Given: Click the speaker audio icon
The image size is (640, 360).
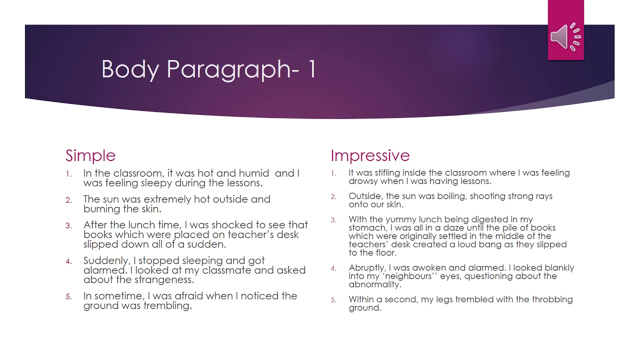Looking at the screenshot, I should pos(565,36).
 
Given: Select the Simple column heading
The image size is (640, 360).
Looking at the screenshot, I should pos(90,155).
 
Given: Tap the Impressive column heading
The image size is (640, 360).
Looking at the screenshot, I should pos(370,155).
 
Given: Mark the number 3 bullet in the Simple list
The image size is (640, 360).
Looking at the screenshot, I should pos(69,225).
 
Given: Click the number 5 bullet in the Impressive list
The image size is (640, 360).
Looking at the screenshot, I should pos(333,300).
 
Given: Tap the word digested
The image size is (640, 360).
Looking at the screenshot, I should pos(493,219).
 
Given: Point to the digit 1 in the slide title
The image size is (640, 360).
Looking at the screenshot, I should pos(312,69).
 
